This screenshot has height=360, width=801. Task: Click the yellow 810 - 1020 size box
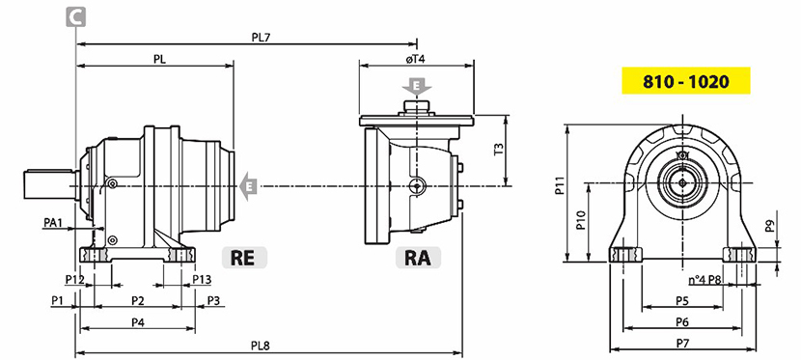click(685, 81)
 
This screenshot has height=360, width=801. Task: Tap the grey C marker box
click(75, 16)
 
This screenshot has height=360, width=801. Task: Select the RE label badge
click(244, 258)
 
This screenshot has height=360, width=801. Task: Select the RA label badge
click(418, 258)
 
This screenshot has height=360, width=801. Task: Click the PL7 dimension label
click(261, 38)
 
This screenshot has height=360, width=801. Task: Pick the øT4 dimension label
click(416, 59)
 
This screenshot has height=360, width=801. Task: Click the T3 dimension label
click(499, 149)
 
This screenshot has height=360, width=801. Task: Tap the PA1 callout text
click(53, 222)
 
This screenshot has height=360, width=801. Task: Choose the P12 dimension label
click(74, 279)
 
